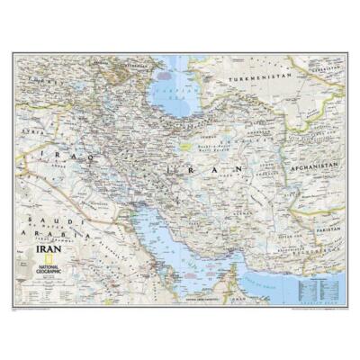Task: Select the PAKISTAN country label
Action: (328, 229)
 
